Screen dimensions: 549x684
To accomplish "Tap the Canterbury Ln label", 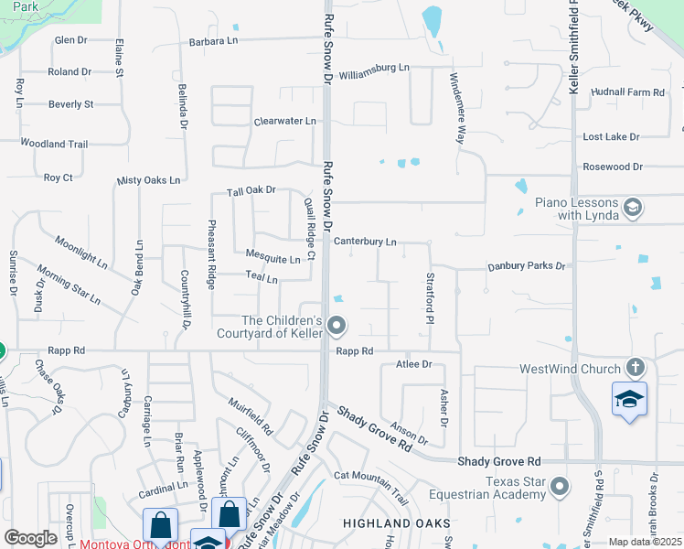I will [x=364, y=242].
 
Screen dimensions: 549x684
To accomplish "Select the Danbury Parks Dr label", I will [x=526, y=265].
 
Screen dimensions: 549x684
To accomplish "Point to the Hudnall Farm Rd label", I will [x=627, y=92].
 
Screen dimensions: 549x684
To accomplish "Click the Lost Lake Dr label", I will [x=611, y=136].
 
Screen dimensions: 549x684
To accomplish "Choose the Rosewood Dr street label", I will [x=613, y=167].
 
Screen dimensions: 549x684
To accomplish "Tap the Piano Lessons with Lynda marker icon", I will [x=632, y=209].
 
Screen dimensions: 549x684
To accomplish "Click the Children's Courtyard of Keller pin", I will [x=337, y=325].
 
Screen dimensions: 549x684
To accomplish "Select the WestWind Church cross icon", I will [x=636, y=368].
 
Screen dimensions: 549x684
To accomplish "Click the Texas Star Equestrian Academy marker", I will [x=560, y=485].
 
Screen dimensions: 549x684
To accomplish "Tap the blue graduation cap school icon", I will [x=629, y=400].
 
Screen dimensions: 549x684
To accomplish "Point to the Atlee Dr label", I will [x=413, y=364].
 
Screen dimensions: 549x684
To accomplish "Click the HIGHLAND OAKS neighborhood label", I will [x=396, y=523].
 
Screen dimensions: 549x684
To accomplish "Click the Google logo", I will [x=30, y=538].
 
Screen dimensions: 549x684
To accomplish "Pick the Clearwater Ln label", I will [x=284, y=121].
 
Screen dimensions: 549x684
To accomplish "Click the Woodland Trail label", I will [x=54, y=145].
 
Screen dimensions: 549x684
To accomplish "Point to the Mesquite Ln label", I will [x=273, y=260].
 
